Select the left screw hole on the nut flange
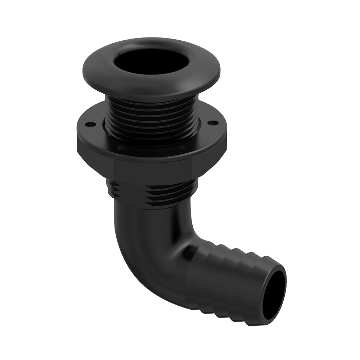pyautogui.click(x=90, y=125)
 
